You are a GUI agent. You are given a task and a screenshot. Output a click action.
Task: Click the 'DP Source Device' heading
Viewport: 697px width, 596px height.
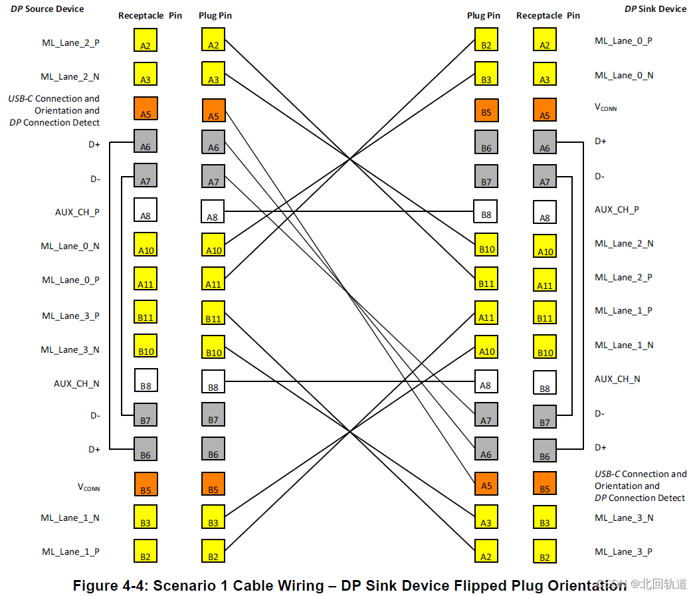47,9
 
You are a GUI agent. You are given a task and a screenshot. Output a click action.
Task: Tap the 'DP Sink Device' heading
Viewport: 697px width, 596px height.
655,9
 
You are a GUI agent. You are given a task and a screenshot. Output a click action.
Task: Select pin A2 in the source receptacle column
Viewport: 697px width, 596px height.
146,40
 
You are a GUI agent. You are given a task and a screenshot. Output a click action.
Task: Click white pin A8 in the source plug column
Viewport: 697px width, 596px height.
213,211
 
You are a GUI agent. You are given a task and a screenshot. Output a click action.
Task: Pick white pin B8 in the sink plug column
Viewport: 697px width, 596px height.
486,211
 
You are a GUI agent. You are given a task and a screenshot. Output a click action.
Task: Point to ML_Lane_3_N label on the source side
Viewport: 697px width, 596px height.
70,349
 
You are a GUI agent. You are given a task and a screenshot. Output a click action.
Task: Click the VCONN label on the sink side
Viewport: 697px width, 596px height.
605,107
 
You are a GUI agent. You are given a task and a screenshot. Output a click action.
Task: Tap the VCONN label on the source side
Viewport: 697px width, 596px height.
88,487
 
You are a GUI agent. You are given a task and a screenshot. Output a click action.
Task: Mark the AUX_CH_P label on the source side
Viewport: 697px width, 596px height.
77,212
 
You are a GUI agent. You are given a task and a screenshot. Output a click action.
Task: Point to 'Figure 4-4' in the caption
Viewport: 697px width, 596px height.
110,586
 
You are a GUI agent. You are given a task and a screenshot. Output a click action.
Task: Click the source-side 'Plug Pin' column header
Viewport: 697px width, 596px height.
215,15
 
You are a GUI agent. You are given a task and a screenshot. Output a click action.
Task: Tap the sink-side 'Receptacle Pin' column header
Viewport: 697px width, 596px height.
548,15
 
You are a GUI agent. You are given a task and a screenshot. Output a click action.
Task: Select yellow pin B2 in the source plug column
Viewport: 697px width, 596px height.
213,551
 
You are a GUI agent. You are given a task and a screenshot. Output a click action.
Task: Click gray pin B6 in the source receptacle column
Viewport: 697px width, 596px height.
146,449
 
